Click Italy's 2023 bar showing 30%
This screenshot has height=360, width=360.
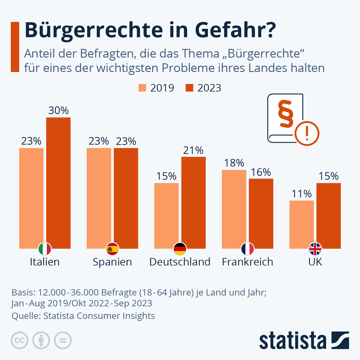point(58,180)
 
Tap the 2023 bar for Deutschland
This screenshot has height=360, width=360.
point(193,201)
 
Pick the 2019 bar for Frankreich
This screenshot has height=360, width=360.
point(234,207)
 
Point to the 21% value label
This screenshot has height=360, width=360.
point(193,150)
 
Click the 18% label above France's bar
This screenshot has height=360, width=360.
point(234,163)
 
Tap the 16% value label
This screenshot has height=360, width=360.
point(261,172)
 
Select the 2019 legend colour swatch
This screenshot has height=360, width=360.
point(142,88)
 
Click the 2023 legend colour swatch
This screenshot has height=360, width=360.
point(189,88)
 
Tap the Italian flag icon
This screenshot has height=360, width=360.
point(45,249)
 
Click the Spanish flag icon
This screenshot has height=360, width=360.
point(112,249)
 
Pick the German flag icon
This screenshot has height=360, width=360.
point(180,249)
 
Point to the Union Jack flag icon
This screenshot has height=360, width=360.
point(315,249)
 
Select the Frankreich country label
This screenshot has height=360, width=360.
point(247,262)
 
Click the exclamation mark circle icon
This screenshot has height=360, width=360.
point(307,133)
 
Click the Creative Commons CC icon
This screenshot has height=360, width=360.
point(19,340)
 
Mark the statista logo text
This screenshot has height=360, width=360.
point(293,340)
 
